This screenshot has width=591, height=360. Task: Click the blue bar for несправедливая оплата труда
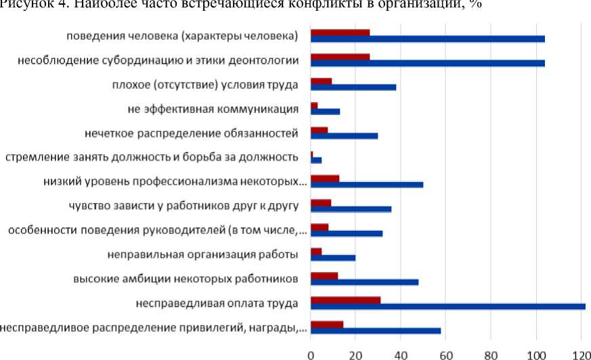point(447,307)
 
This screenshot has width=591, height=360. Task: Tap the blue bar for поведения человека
point(427,39)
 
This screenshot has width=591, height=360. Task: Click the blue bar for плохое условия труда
point(353,87)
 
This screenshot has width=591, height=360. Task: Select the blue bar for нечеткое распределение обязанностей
point(344,136)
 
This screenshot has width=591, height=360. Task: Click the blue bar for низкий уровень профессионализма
point(366,185)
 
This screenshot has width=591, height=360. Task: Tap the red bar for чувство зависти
point(321,202)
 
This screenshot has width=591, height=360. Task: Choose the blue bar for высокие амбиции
point(364,282)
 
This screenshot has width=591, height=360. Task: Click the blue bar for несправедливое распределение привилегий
point(375,331)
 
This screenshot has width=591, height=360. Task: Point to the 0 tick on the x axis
point(310,353)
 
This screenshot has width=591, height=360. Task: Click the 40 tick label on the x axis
point(401,353)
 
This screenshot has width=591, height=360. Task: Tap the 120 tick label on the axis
point(581,353)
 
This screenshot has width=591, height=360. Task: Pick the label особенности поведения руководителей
point(157,231)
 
